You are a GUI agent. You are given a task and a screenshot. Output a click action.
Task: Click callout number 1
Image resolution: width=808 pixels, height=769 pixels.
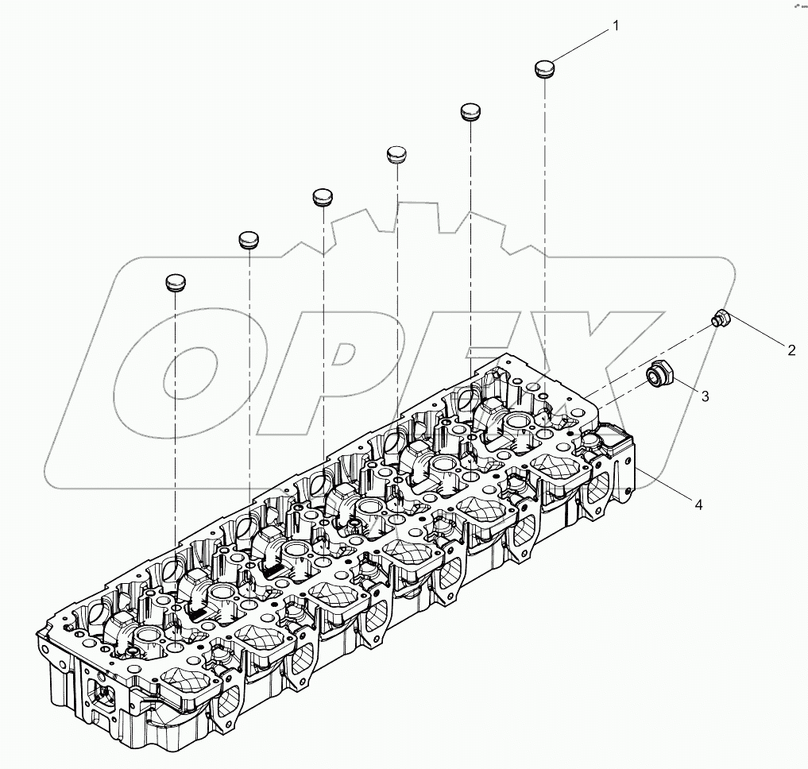click(615, 26)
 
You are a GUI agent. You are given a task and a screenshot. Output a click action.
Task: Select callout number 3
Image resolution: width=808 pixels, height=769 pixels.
click(704, 394)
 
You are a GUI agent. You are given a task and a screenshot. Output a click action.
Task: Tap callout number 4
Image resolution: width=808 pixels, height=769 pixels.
click(698, 504)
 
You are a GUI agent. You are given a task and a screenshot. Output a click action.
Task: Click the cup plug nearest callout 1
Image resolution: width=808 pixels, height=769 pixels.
click(544, 69)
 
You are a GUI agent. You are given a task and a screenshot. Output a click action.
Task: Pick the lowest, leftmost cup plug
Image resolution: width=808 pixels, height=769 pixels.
click(176, 282)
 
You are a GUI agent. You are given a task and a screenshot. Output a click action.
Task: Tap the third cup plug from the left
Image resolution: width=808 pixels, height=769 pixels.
click(322, 197)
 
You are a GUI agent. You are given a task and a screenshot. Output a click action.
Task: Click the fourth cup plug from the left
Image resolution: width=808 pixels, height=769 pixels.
click(396, 154)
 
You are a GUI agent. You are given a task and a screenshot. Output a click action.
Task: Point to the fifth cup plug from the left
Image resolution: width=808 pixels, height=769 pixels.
click(472, 111)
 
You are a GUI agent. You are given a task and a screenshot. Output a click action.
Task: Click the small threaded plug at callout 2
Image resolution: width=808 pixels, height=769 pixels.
click(720, 319)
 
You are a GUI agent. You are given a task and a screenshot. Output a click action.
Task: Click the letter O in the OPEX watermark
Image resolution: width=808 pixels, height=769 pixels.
click(183, 373)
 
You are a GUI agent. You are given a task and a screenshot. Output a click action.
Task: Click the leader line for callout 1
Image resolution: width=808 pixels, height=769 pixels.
click(580, 46)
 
